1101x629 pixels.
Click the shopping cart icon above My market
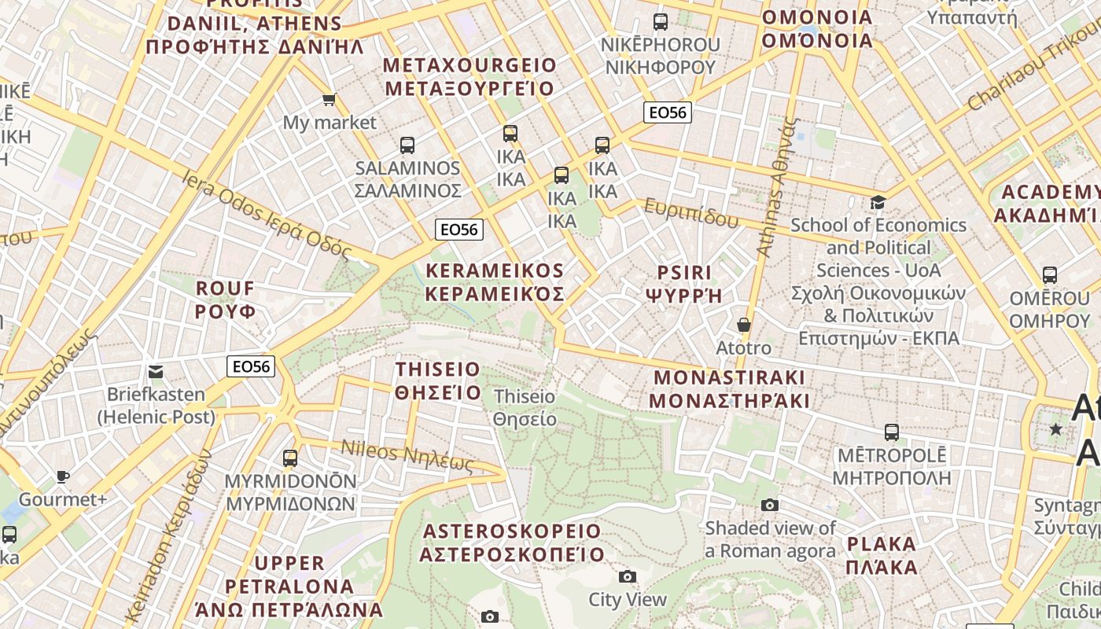pos(329,100)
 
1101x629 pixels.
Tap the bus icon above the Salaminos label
pos(407,145)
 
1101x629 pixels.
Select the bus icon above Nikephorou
pos(661,21)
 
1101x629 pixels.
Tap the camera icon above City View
pos(627,577)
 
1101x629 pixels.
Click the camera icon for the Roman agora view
pos(770,505)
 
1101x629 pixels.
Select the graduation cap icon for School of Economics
pos(878,203)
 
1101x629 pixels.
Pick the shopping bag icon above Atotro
pos(743,324)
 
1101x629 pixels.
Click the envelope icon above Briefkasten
pos(156,371)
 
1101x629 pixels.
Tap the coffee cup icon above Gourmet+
pos(63,476)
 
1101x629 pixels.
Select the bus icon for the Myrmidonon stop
pos(290,458)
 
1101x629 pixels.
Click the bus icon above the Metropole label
pos(891,432)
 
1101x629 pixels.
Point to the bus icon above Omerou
pos(1049,275)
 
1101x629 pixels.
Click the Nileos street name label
pos(407,455)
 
